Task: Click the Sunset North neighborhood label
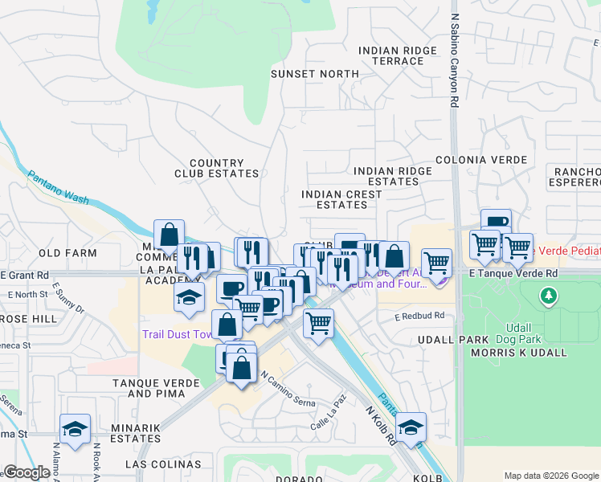[x=314, y=74]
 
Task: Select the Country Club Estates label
[x=217, y=168]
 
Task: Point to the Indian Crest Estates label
[x=341, y=199]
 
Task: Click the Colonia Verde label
[x=481, y=161]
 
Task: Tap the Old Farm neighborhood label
[x=67, y=253]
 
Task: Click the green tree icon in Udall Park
[x=549, y=297]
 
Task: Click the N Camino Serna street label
[x=284, y=387]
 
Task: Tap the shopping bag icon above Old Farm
[x=170, y=235]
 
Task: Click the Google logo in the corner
[x=27, y=472]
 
